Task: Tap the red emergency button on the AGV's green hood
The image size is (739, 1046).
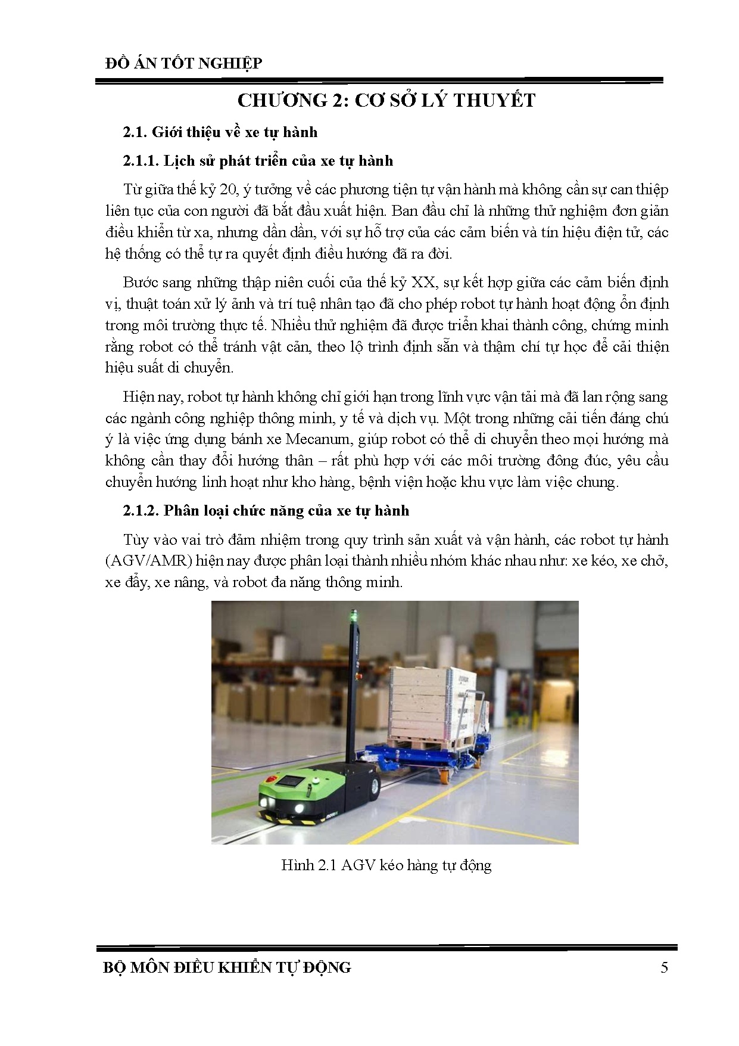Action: (271, 780)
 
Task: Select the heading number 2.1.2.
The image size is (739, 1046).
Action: (141, 511)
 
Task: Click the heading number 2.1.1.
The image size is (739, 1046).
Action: (141, 161)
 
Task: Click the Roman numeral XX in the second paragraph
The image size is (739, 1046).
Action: (423, 283)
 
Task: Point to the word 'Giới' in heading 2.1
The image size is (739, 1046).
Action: (167, 132)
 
